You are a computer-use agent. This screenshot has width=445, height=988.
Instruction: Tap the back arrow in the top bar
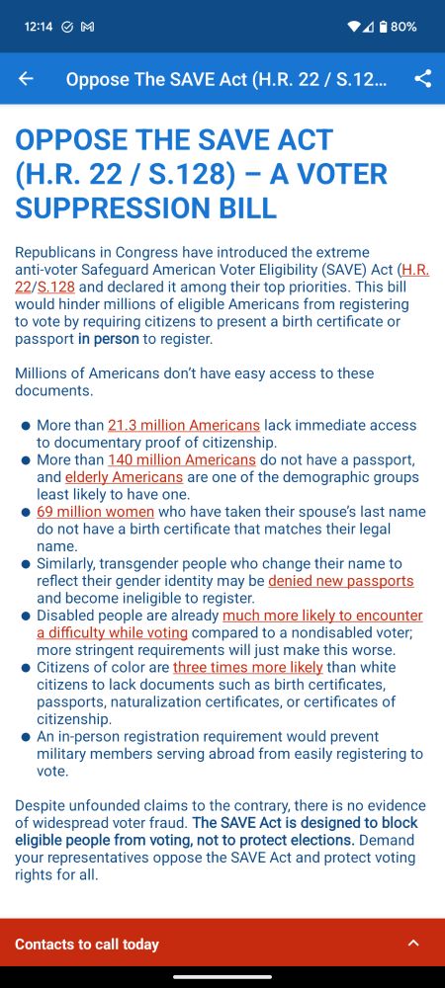(x=26, y=79)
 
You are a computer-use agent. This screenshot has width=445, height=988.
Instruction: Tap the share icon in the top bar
(x=422, y=79)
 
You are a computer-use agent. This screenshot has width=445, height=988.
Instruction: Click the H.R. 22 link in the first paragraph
(x=414, y=269)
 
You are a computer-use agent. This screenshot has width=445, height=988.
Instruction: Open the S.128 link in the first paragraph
(x=55, y=287)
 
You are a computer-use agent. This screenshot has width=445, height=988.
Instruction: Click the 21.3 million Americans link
(x=184, y=425)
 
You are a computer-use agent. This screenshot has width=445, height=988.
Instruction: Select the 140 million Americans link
(x=182, y=459)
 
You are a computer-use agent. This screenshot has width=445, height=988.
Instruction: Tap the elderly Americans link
(x=124, y=476)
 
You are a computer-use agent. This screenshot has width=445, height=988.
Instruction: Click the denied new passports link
(x=341, y=580)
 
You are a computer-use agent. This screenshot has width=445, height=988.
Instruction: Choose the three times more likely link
(x=248, y=667)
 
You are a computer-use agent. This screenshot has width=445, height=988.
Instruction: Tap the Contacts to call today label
(x=87, y=944)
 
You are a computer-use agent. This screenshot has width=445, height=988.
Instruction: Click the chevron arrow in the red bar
(x=413, y=944)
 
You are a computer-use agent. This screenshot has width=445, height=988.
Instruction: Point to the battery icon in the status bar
(x=381, y=27)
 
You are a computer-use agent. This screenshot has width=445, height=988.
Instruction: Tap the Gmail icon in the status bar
(x=87, y=27)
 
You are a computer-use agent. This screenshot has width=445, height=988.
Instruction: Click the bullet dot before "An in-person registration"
(x=26, y=737)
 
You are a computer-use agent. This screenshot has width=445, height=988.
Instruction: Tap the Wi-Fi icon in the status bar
(x=353, y=27)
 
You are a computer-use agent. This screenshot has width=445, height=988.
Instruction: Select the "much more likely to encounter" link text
(x=322, y=615)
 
